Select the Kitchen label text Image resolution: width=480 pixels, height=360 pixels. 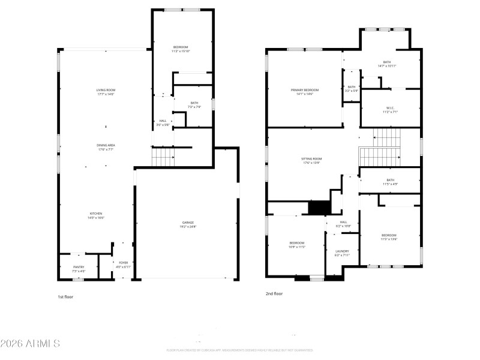[96, 215]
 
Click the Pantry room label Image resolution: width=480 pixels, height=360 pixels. [79, 269]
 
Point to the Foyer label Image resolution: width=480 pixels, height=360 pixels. [123, 264]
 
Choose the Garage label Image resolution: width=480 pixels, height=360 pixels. [188, 224]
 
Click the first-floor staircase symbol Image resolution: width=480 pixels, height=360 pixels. [163, 158]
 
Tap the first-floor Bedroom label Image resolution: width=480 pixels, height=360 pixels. [181, 49]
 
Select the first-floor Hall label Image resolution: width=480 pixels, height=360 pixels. [163, 122]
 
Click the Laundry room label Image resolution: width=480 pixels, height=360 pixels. [342, 253]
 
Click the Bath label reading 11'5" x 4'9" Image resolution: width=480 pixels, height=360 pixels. [390, 182]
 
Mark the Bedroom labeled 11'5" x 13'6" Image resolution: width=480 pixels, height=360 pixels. [389, 237]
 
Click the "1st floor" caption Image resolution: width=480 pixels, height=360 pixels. [65, 296]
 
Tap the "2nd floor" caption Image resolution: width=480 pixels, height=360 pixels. [274, 294]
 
